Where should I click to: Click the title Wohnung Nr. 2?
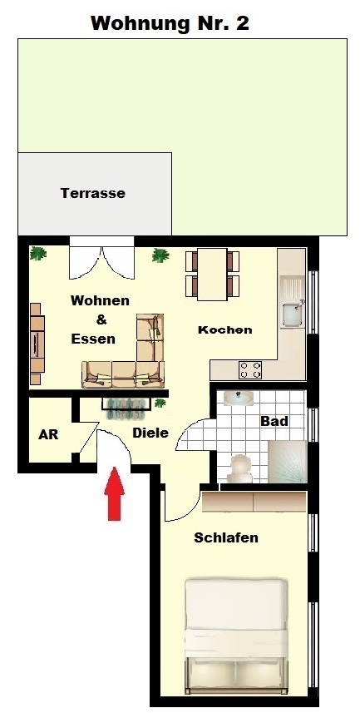pyautogui.click(x=170, y=22)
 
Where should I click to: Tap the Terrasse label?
pyautogui.click(x=93, y=193)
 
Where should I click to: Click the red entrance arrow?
pyautogui.click(x=115, y=493)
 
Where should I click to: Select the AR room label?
pyautogui.click(x=48, y=434)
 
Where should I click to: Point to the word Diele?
pyautogui.click(x=150, y=433)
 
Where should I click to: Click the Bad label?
pyautogui.click(x=274, y=421)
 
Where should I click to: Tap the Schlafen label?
pyautogui.click(x=226, y=537)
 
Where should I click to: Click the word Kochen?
pyautogui.click(x=224, y=329)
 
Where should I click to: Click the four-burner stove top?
pyautogui.click(x=250, y=369)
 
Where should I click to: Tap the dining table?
pyautogui.click(x=212, y=275)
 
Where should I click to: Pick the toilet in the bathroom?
pyautogui.click(x=240, y=468)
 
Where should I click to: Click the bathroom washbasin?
pyautogui.click(x=239, y=398)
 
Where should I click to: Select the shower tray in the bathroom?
pyautogui.click(x=288, y=461)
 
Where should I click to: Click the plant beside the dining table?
pyautogui.click(x=160, y=255)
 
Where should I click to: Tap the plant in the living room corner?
pyautogui.click(x=38, y=253)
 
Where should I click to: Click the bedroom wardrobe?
pyautogui.click(x=254, y=502)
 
